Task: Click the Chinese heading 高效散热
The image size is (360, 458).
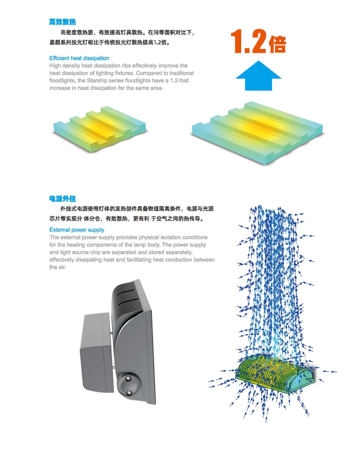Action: [x=62, y=22]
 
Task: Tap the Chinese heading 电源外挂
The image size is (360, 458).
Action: [x=62, y=199]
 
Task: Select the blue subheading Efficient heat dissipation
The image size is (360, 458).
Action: [x=79, y=58]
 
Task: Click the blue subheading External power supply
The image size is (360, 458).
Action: [x=77, y=230]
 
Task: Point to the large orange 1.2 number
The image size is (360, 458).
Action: [x=249, y=41]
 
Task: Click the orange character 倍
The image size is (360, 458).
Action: [x=278, y=44]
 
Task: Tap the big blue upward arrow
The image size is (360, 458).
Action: [x=258, y=76]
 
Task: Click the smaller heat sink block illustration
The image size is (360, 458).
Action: [x=99, y=129]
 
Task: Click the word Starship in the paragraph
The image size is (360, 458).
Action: [x=98, y=81]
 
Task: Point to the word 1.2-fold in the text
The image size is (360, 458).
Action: [x=179, y=81]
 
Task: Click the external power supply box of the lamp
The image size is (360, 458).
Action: [x=96, y=350]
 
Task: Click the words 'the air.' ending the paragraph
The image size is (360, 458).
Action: [x=58, y=267]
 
